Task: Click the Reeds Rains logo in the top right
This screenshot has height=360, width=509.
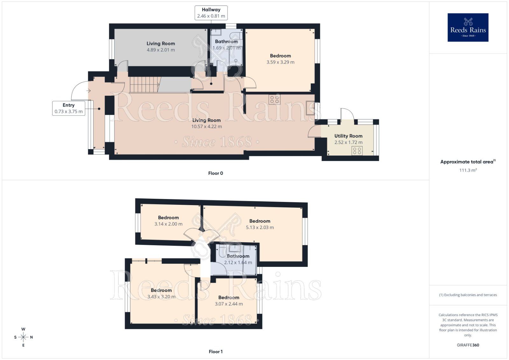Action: [468, 27]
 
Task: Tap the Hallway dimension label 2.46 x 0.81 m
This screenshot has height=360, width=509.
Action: [211, 16]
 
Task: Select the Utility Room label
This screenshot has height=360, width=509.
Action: [348, 136]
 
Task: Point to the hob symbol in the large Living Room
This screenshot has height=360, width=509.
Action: [274, 100]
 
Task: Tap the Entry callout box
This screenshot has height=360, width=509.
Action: [69, 108]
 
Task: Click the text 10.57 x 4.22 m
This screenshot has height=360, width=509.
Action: [206, 127]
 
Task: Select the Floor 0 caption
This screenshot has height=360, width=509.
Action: [215, 173]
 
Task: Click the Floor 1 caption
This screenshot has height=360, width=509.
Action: [215, 351]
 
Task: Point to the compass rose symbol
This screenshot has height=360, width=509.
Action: [23, 337]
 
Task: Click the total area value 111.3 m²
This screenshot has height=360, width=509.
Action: [468, 170]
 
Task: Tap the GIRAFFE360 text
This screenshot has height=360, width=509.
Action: [468, 345]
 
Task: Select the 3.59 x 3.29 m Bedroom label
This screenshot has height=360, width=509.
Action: [280, 62]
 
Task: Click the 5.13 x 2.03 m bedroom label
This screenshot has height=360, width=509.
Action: [260, 227]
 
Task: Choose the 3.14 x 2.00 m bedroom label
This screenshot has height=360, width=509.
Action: [168, 224]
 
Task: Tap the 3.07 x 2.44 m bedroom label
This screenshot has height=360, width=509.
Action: [229, 304]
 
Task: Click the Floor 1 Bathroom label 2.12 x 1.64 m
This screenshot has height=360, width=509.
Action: [238, 262]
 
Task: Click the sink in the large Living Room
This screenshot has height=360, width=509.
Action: [310, 108]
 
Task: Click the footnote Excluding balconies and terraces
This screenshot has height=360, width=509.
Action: [468, 295]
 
